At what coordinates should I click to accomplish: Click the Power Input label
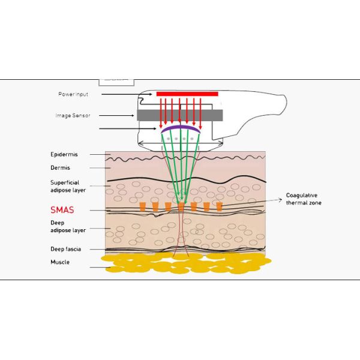(x=73, y=94)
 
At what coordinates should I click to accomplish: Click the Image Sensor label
(x=73, y=115)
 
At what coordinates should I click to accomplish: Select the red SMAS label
(x=62, y=211)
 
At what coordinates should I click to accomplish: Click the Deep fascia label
(x=65, y=248)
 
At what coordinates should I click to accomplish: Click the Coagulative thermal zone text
(x=305, y=199)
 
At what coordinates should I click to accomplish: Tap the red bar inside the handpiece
(x=188, y=94)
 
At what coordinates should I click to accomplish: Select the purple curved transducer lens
(x=181, y=128)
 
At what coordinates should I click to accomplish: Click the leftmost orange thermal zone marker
(x=142, y=206)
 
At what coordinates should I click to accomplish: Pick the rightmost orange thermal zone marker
(x=220, y=206)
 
